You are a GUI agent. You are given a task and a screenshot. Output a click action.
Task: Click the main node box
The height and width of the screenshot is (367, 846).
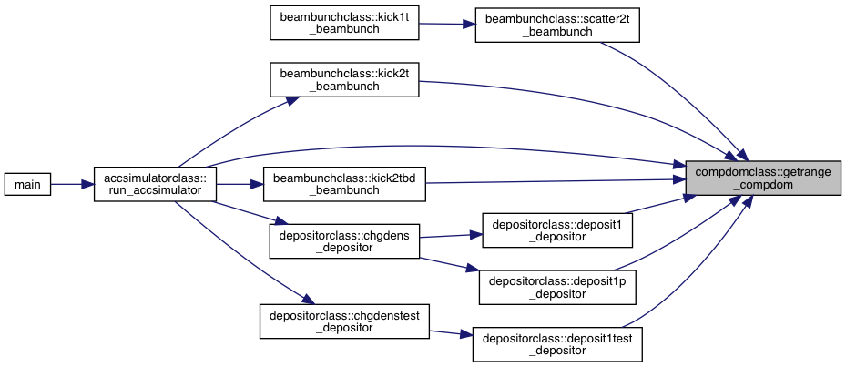tap(27, 184)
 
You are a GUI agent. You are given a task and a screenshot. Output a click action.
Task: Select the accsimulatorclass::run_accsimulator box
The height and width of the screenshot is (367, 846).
tap(156, 184)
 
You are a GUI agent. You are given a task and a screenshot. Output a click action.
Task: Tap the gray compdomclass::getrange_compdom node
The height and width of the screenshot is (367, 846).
tap(763, 178)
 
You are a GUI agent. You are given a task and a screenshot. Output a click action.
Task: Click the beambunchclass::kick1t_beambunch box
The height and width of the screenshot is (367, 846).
tap(344, 23)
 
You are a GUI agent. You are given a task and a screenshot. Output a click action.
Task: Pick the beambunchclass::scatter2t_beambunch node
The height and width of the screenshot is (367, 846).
tap(557, 25)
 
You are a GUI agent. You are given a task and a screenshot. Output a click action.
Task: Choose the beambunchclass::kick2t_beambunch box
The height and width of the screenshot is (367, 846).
tap(344, 80)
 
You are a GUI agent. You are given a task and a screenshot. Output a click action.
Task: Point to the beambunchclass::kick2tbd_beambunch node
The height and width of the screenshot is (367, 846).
tap(344, 184)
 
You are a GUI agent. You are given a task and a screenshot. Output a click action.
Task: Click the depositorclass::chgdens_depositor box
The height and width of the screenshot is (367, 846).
tap(344, 240)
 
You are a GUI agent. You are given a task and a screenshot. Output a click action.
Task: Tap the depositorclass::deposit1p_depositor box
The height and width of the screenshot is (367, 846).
tap(557, 287)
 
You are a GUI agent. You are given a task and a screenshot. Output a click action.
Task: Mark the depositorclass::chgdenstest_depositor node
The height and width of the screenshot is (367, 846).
tap(344, 321)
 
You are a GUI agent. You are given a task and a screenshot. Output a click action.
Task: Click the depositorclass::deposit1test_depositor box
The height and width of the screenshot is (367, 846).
tap(557, 344)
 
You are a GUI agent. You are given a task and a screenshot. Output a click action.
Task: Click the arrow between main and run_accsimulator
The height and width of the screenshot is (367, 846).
tap(72, 184)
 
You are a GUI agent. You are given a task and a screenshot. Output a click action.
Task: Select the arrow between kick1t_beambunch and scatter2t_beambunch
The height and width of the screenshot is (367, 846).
tap(447, 24)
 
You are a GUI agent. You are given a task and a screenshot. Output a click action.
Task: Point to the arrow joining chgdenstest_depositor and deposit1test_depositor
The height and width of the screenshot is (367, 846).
tap(451, 333)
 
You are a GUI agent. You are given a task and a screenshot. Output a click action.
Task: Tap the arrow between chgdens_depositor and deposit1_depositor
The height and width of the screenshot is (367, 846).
tap(451, 235)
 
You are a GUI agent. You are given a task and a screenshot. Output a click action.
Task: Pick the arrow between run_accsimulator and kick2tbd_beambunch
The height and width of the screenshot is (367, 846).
tap(240, 184)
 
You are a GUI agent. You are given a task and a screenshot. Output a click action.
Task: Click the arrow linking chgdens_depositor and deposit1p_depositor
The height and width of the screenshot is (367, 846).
tap(450, 264)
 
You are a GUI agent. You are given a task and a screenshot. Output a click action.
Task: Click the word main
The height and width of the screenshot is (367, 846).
tap(27, 184)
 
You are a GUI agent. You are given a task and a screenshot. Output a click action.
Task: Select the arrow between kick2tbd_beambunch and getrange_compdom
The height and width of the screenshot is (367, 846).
tap(556, 181)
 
